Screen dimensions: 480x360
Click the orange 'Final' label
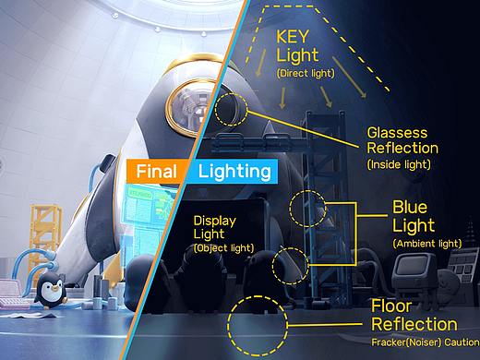(x=156, y=171)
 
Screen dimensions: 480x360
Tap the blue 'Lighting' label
(x=234, y=172)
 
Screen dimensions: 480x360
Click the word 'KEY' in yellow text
(x=293, y=37)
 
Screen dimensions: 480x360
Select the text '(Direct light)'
(x=306, y=73)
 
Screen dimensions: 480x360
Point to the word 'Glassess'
(x=397, y=133)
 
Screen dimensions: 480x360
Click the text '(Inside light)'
(x=399, y=164)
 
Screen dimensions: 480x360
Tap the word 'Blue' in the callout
(x=410, y=207)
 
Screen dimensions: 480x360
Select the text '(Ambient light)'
(x=427, y=244)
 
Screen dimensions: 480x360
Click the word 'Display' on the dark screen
(x=214, y=221)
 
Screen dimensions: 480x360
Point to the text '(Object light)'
(x=224, y=248)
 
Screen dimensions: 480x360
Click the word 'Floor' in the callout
(x=391, y=306)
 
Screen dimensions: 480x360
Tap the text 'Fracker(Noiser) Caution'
(x=426, y=342)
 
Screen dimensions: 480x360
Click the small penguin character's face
(x=49, y=289)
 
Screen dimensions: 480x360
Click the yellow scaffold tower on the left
(x=45, y=237)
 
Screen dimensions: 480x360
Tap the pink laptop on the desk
(x=11, y=293)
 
